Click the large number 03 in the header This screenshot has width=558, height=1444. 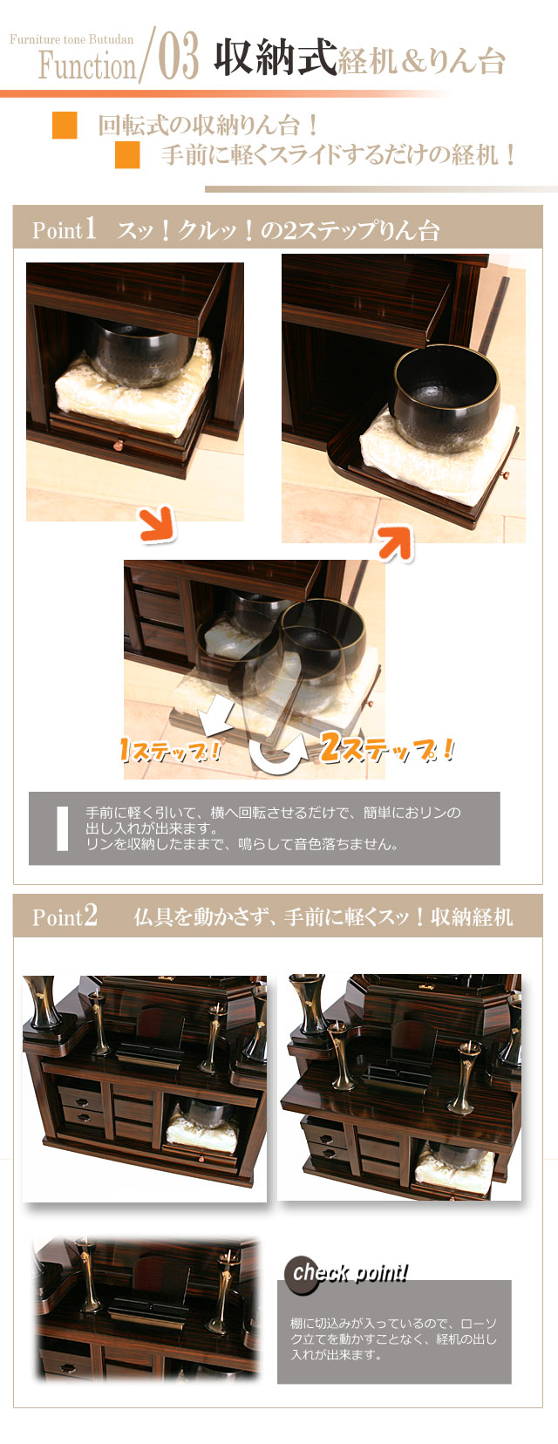point(179,58)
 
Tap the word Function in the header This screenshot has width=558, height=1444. point(87,65)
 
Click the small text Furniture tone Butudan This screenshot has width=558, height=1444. point(71,39)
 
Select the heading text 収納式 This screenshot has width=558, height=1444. point(275,58)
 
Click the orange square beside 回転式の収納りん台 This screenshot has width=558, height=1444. point(65,126)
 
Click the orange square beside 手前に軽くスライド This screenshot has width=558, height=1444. point(127,155)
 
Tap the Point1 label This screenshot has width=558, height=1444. point(64,230)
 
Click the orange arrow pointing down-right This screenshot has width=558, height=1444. point(158,525)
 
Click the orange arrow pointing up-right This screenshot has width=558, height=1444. point(395,543)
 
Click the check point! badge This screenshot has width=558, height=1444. point(347,1274)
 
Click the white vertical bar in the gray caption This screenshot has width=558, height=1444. point(62,828)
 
